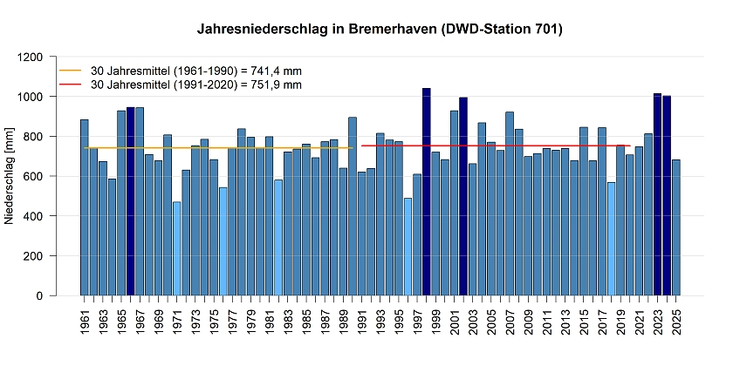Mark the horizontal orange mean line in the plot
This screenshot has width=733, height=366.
pos(218,148)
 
